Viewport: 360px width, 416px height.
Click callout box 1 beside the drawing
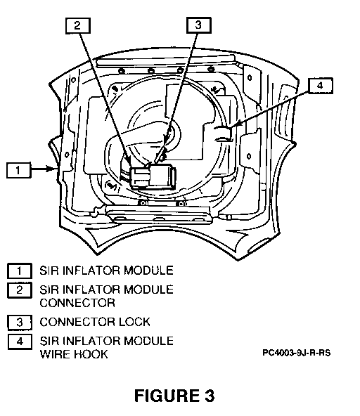click(18, 170)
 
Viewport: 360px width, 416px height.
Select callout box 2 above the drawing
click(78, 26)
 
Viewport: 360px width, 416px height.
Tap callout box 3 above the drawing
click(199, 25)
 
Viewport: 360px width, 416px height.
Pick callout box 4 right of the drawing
click(321, 86)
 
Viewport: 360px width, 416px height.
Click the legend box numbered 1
click(20, 271)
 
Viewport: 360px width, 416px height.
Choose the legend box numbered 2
click(20, 290)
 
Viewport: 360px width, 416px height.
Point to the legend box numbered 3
click(20, 323)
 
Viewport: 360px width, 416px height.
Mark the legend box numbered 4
click(20, 342)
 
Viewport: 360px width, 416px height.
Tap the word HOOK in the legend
click(91, 354)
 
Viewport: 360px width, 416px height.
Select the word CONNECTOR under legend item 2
click(77, 303)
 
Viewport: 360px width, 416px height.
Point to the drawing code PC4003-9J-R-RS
click(297, 353)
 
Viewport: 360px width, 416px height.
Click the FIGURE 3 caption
click(174, 396)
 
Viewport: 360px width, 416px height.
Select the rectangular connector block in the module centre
click(153, 176)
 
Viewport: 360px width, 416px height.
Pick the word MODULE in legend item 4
click(148, 341)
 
